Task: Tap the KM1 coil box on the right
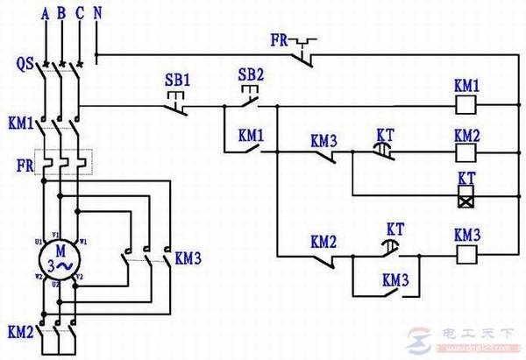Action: [x=466, y=108]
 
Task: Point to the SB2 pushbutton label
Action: [x=251, y=73]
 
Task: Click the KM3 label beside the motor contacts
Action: [x=188, y=258]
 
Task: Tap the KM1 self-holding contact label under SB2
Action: [x=251, y=136]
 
